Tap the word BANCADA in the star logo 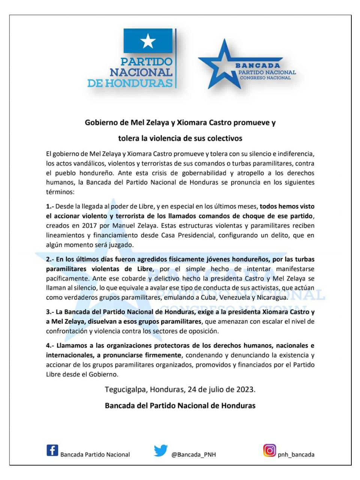coord(258,65)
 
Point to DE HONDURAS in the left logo coord(130,83)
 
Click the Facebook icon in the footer coord(52,450)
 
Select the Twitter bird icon coord(160,450)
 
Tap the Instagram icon coord(269,450)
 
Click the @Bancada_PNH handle coord(193,454)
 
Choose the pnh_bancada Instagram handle coord(296,454)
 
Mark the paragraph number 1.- coord(50,206)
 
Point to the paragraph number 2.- coord(50,259)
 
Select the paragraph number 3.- coord(50,312)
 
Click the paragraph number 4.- coord(50,345)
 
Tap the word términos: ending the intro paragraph coord(60,192)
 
